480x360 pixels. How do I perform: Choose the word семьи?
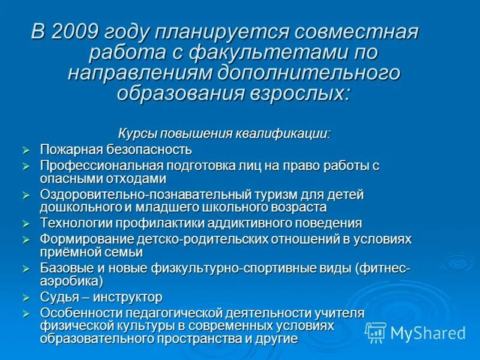[125, 253]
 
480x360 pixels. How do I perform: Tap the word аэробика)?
[71, 281]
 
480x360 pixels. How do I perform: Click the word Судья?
[57, 297]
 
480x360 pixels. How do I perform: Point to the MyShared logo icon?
[376, 332]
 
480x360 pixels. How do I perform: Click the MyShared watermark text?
[428, 333]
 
